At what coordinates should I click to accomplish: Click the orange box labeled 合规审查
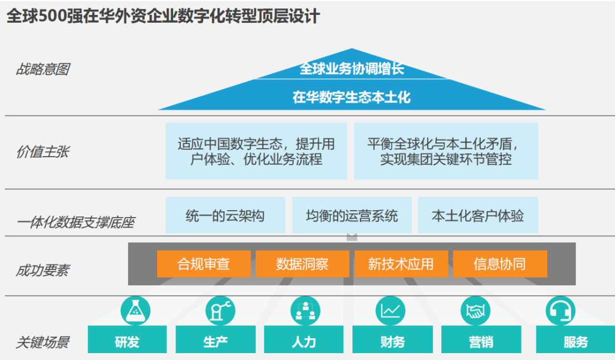[204, 264]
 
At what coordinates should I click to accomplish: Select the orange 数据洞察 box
[302, 264]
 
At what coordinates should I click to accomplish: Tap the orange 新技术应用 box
[401, 264]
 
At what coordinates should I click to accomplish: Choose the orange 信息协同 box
[500, 264]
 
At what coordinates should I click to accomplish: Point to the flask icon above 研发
[136, 311]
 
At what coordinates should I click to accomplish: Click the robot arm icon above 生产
[220, 311]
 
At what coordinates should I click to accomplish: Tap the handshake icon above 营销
[475, 311]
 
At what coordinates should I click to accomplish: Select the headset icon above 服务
[560, 311]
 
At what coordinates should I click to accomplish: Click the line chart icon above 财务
[390, 311]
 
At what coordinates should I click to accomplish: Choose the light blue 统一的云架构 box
[225, 215]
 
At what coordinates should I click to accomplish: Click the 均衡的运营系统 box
[352, 215]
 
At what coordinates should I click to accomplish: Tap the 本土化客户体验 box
[478, 215]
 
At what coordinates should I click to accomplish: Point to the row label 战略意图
[43, 69]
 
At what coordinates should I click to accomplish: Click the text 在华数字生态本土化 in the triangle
[351, 97]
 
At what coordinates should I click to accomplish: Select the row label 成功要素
[43, 270]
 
